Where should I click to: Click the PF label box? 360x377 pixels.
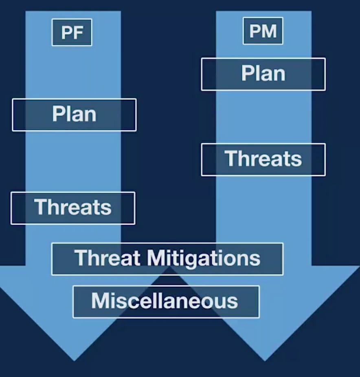72,32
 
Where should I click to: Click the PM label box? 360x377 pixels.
263,31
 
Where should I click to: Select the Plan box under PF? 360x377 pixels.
74,115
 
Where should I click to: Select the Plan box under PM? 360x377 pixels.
263,74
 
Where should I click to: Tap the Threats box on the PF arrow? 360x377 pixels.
73,208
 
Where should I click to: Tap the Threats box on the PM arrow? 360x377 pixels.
263,159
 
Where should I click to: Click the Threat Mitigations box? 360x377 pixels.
167,259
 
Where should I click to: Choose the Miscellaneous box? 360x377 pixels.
166,302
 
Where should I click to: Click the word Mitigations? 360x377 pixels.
203,259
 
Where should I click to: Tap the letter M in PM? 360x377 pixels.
269,31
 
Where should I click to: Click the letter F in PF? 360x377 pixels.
78,33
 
